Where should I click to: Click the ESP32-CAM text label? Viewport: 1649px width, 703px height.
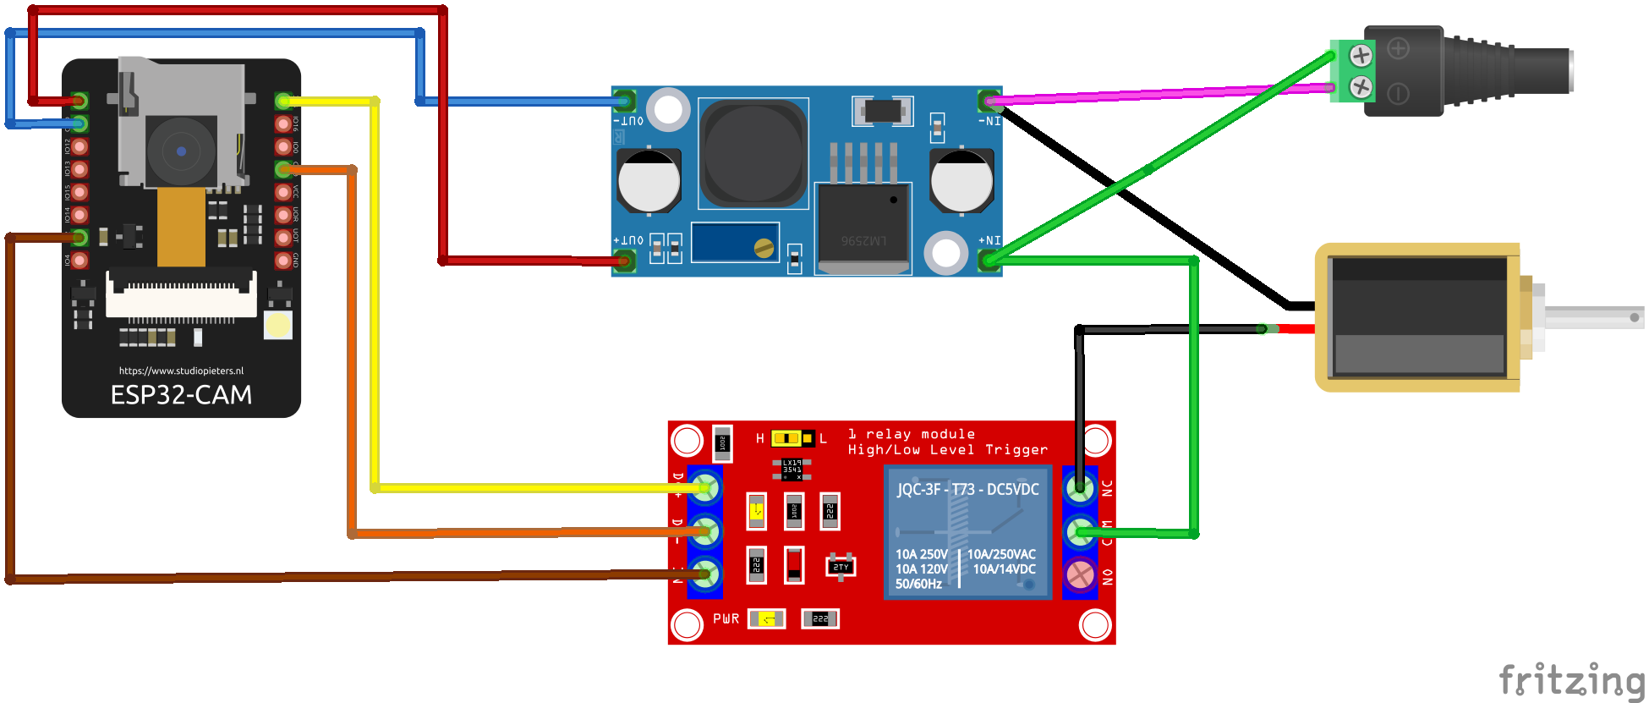181,395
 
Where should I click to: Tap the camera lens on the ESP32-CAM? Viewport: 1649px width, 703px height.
181,151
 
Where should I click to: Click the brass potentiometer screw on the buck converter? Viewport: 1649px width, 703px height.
764,248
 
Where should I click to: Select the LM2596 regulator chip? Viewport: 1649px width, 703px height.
863,228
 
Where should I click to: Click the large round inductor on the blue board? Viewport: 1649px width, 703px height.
753,153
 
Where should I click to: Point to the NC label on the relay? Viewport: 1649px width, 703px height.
1107,488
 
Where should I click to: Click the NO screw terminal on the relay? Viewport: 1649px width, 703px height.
1080,575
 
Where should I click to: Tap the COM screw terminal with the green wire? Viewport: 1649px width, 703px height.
1080,532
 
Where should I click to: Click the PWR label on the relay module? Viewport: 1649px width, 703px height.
726,619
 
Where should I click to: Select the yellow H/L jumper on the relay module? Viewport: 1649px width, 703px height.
786,438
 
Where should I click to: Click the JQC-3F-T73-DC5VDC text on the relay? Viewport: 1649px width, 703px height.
967,490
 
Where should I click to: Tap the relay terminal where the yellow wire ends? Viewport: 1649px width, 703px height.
704,488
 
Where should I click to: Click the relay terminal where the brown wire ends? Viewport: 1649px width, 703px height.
704,575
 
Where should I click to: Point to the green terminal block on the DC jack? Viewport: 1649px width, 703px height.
1350,71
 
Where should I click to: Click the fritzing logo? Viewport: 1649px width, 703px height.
1571,680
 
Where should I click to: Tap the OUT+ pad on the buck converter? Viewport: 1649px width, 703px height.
625,260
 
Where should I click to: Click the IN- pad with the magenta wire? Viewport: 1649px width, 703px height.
989,102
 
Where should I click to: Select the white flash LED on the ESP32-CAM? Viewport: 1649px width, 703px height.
278,325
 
